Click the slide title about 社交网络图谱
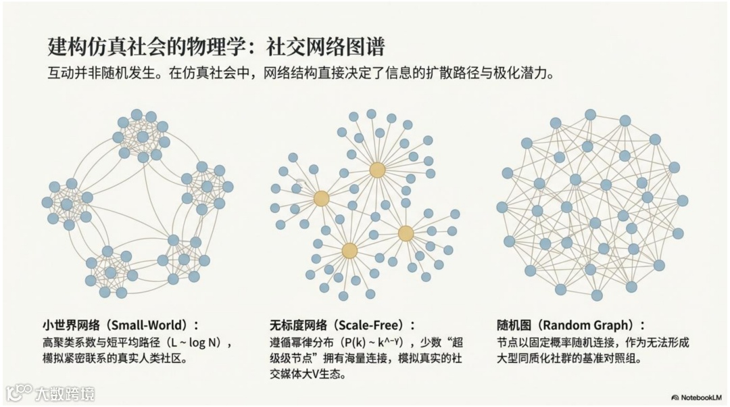216,46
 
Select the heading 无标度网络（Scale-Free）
342,325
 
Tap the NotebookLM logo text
700,397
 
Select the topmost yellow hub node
377,170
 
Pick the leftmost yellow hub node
321,199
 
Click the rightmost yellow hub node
406,233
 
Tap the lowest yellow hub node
349,251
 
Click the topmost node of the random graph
590,115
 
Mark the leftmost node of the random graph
502,207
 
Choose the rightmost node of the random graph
683,201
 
